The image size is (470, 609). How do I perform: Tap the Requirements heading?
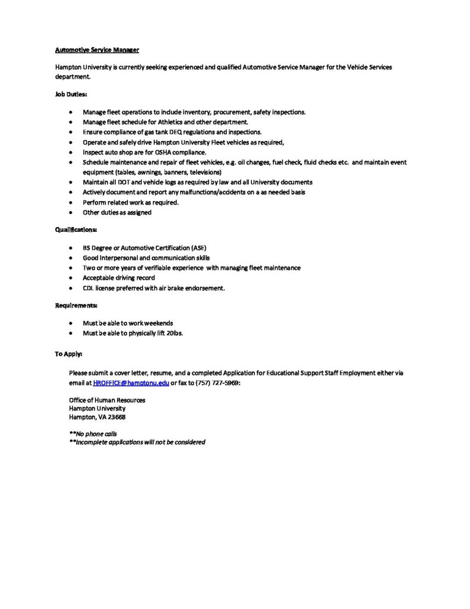click(x=77, y=305)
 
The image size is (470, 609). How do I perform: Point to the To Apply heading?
click(x=69, y=354)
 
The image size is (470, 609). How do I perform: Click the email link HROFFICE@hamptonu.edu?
click(x=131, y=384)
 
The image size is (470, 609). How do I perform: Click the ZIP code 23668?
click(x=116, y=417)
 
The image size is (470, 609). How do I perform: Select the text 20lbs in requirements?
click(x=175, y=333)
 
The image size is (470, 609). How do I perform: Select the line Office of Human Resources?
click(x=107, y=400)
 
